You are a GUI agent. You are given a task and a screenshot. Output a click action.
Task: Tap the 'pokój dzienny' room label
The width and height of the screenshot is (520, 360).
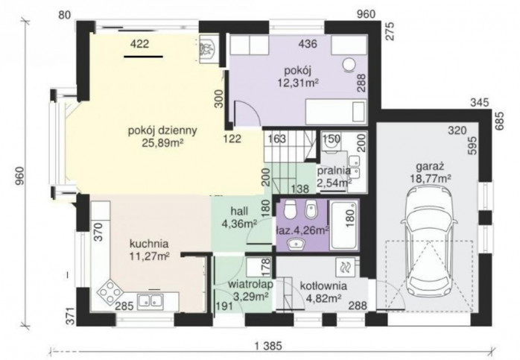click(x=162, y=130)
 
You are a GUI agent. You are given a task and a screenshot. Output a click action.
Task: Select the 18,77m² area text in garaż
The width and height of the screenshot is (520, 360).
click(x=431, y=178)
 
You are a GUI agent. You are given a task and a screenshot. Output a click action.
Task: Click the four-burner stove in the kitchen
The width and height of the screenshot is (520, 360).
click(x=109, y=291)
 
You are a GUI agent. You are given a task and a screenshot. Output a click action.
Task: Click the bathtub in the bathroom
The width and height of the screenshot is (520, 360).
click(x=344, y=225)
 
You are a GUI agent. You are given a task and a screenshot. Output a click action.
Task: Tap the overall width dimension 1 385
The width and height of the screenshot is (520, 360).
click(x=269, y=347)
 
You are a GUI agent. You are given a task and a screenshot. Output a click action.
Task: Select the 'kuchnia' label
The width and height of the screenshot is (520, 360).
click(x=149, y=244)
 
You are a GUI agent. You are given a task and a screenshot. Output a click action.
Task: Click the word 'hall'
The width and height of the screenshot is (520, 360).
click(x=239, y=212)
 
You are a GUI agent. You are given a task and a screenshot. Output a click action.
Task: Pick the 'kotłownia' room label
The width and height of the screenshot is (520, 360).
click(x=323, y=285)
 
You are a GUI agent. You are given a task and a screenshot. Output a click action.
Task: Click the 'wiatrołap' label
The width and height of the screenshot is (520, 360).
click(x=251, y=285)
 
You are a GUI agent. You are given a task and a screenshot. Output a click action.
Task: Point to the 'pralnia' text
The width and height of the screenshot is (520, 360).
click(x=334, y=171)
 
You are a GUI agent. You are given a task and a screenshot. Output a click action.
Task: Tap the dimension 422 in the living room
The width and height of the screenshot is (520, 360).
click(x=139, y=44)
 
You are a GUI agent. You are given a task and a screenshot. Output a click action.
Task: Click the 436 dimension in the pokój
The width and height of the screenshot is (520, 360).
click(x=308, y=43)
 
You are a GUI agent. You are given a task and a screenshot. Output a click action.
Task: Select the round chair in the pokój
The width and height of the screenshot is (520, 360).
click(x=349, y=65)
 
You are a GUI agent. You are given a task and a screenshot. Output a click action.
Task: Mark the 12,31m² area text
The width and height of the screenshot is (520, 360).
click(x=298, y=82)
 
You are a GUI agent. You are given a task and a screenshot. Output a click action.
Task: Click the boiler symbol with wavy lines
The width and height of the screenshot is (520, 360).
click(x=345, y=267)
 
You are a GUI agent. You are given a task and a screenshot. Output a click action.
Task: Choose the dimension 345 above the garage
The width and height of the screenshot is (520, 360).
click(x=480, y=103)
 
